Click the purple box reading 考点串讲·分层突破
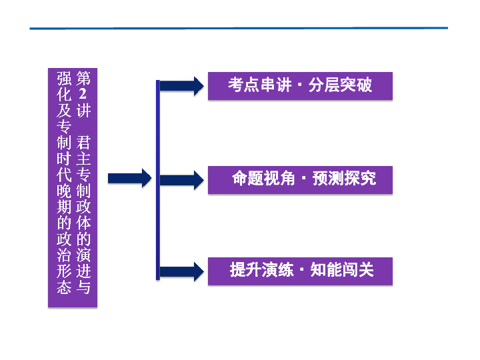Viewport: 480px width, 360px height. click(300, 85)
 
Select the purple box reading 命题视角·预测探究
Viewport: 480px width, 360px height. click(300, 179)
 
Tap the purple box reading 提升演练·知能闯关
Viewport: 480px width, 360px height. click(300, 270)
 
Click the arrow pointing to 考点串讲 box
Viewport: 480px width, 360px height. click(181, 85)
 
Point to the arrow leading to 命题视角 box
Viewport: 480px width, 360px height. click(181, 179)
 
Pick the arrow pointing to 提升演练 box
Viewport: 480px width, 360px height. click(181, 271)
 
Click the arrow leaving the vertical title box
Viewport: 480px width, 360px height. click(130, 178)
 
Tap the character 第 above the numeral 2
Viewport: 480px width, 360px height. click(83, 77)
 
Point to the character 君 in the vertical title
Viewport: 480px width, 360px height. click(83, 143)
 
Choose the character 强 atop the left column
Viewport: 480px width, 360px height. click(64, 77)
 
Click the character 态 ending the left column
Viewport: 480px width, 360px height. click(64, 288)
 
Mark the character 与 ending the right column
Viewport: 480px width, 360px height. click(83, 288)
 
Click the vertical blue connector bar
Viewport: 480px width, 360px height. click(158, 180)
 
